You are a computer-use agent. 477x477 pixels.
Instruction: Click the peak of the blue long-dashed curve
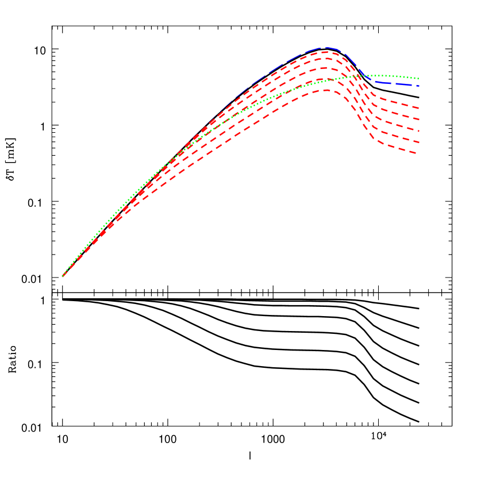point(326,48)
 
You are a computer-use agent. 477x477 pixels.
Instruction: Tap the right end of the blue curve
point(418,86)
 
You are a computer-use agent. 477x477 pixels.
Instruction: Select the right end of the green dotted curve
point(418,78)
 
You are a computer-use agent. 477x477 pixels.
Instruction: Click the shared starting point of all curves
point(63,276)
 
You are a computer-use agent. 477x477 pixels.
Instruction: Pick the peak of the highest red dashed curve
point(326,52)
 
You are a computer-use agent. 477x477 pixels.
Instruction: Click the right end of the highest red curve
point(418,108)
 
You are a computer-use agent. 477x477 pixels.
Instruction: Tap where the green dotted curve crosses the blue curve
point(361,76)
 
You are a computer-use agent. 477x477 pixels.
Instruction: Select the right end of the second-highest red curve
point(418,120)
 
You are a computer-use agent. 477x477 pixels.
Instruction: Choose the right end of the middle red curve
point(418,131)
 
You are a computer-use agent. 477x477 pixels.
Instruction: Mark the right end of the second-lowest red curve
point(418,143)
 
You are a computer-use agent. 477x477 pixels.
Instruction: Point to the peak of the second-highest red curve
point(326,59)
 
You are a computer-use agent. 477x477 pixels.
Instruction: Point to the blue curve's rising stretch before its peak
point(259,80)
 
